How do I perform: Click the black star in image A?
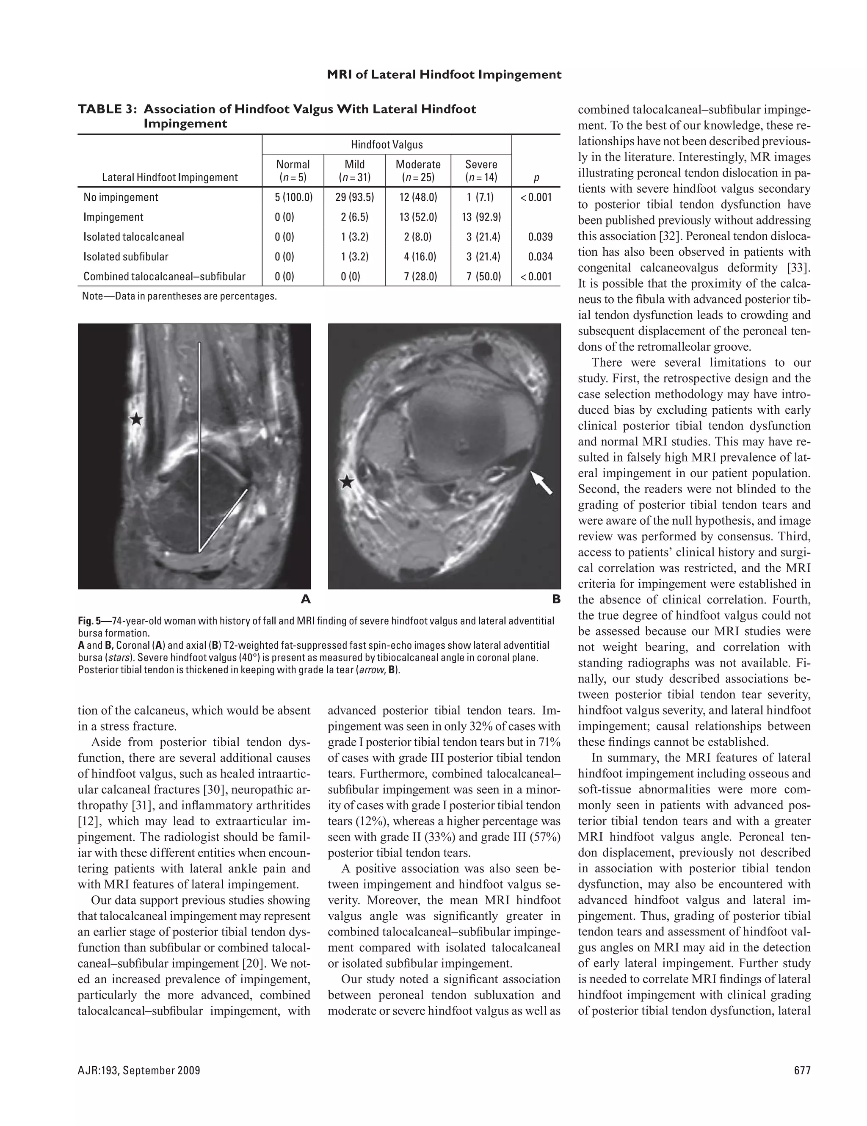(136, 419)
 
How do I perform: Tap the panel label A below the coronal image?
(306, 599)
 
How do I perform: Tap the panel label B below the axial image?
(556, 599)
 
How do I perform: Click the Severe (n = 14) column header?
(481, 171)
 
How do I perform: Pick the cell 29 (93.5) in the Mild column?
(355, 197)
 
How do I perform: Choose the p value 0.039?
(540, 237)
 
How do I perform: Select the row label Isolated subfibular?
(126, 257)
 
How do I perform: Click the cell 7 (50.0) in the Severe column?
(483, 277)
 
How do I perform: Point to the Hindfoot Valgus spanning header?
(387, 144)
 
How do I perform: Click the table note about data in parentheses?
(179, 296)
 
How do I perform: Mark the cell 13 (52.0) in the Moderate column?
(418, 217)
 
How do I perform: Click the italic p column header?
(536, 178)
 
